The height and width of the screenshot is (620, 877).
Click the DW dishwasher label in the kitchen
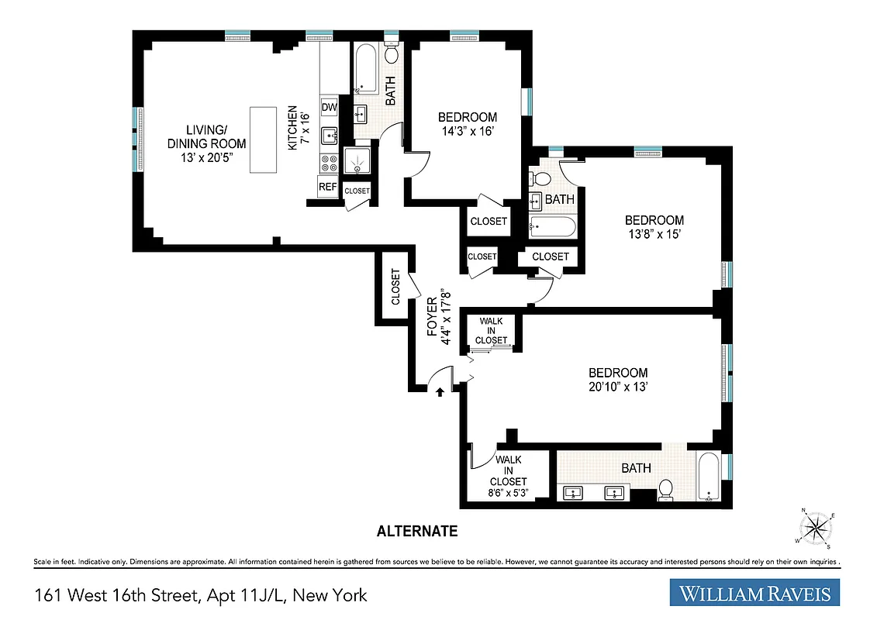tap(330, 108)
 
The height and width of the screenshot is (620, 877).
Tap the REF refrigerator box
tap(328, 187)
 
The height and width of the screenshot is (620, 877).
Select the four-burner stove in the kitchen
tap(330, 162)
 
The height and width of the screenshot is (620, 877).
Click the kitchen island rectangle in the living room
tap(262, 140)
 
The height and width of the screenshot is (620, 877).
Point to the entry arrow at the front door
tap(440, 392)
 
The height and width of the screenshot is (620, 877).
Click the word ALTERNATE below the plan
tap(416, 532)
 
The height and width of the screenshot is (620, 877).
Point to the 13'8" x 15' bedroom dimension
tap(654, 234)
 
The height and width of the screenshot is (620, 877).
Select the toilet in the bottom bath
tap(665, 491)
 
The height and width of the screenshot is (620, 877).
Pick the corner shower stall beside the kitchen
tap(357, 161)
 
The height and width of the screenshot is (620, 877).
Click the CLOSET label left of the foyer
tap(395, 287)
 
